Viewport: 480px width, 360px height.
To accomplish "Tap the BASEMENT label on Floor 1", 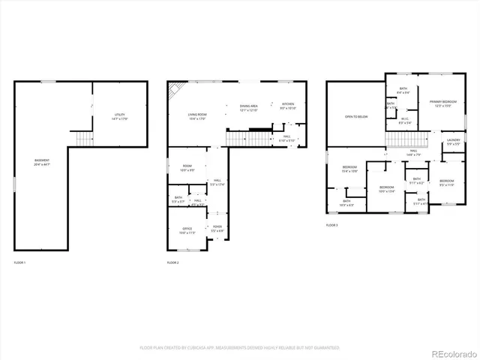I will [43, 162].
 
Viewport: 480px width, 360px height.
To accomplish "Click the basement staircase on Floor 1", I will [82, 139].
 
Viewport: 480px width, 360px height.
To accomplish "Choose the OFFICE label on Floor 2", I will [187, 230].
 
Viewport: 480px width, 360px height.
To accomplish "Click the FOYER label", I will [217, 228].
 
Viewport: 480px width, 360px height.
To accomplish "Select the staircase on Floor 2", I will [240, 139].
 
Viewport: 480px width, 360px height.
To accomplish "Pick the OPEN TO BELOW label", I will [355, 117].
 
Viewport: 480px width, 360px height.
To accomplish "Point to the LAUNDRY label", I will [453, 141].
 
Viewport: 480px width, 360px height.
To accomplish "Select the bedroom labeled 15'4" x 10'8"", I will [350, 169].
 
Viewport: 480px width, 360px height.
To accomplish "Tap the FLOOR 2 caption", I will [173, 262].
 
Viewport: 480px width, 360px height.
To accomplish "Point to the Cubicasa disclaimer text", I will [239, 348].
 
